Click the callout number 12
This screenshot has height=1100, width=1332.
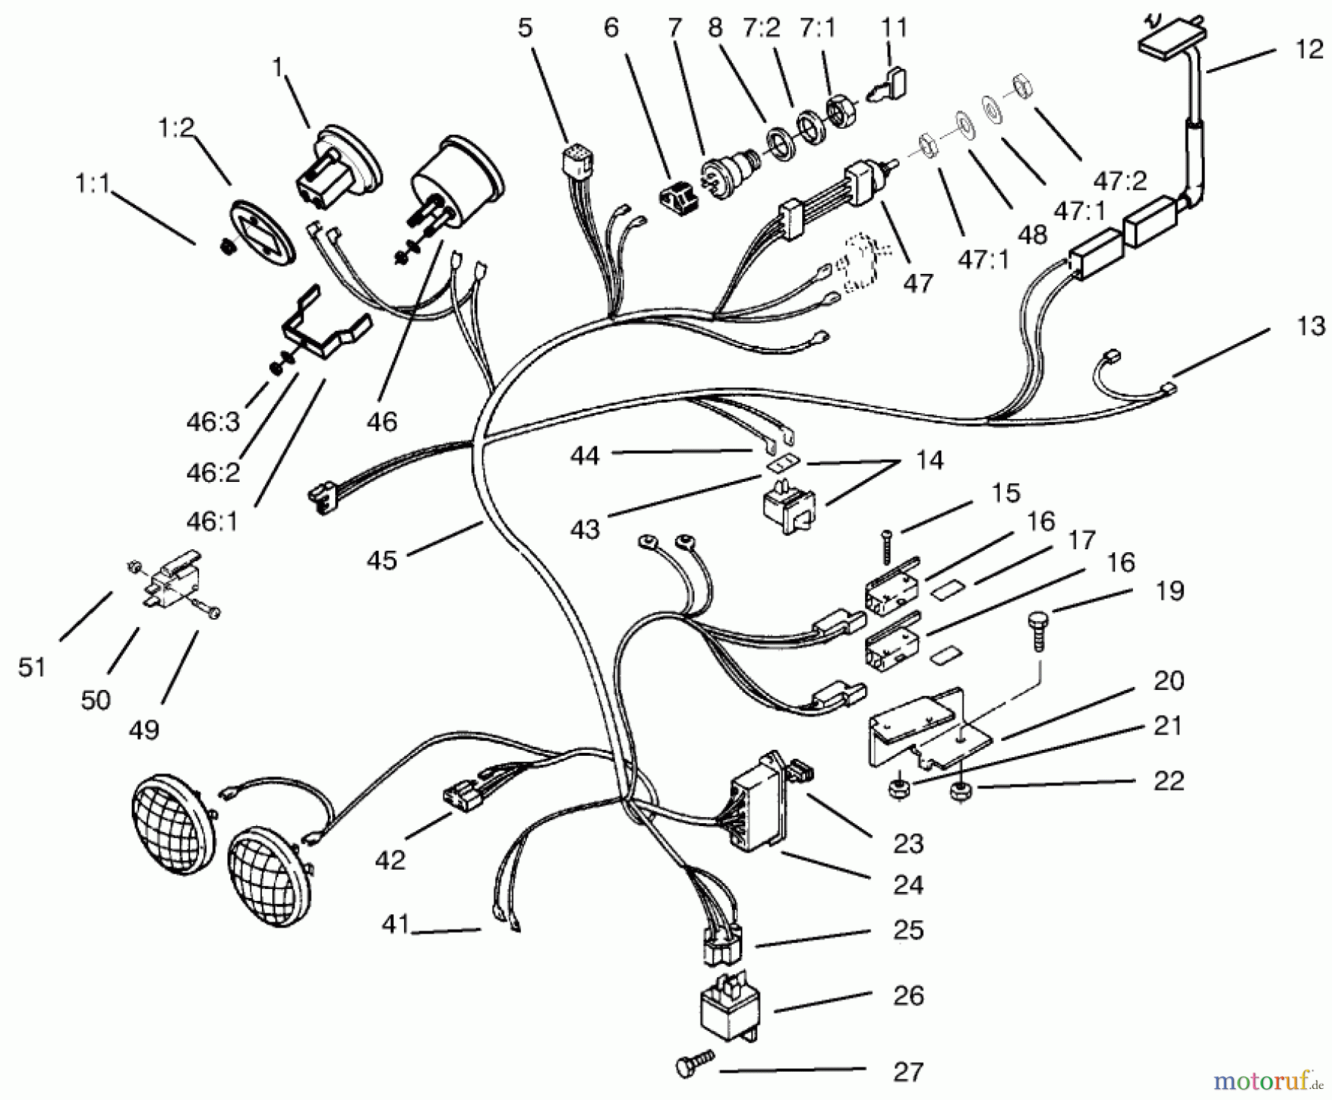1309,50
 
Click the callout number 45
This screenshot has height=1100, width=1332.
382,560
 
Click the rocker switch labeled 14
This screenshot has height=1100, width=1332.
785,508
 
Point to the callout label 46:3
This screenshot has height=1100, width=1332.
213,422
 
